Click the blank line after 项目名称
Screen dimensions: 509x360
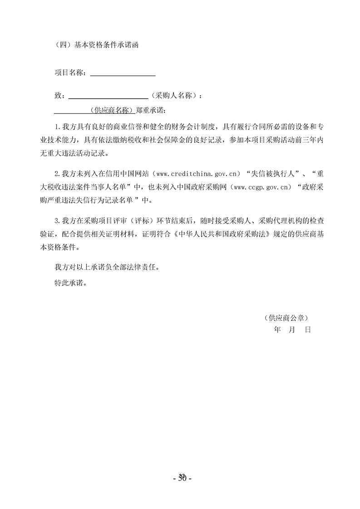[123, 73]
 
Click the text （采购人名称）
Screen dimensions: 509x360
[175, 96]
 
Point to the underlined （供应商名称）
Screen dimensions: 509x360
[111, 110]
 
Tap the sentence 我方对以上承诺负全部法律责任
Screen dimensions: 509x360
[107, 268]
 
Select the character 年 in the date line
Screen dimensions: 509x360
[278, 330]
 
